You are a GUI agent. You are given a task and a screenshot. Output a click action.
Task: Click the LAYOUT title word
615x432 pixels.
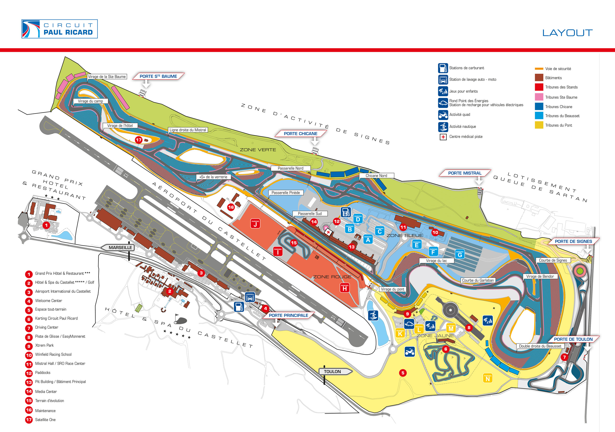(x=567, y=33)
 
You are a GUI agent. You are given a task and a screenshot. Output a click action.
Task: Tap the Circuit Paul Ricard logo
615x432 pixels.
(x=60, y=29)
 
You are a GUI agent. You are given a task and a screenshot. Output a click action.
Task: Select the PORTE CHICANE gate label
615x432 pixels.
(x=301, y=134)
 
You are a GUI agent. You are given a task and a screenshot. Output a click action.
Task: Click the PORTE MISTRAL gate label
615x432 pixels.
(x=464, y=173)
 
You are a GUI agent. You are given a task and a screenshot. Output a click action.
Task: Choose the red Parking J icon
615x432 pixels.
(x=255, y=223)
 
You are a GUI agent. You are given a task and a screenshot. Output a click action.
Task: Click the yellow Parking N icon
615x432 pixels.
(x=488, y=378)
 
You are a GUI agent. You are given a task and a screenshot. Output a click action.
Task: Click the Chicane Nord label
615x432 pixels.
(x=376, y=176)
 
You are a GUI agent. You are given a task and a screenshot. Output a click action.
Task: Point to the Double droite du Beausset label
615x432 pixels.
(x=540, y=346)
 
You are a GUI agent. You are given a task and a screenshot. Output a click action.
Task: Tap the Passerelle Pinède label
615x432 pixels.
(x=286, y=193)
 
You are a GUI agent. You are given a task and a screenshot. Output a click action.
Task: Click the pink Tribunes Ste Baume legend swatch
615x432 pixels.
(x=539, y=97)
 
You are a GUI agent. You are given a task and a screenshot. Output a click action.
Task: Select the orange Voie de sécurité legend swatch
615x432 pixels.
(x=539, y=69)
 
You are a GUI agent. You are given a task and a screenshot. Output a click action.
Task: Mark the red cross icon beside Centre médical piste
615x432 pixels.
(x=443, y=137)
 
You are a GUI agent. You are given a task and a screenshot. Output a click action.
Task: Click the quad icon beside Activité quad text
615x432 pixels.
(x=443, y=115)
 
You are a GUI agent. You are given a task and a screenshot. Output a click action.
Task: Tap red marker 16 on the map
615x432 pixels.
(x=231, y=207)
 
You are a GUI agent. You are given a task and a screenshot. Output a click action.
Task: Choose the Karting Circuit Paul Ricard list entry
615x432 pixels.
(x=56, y=318)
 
